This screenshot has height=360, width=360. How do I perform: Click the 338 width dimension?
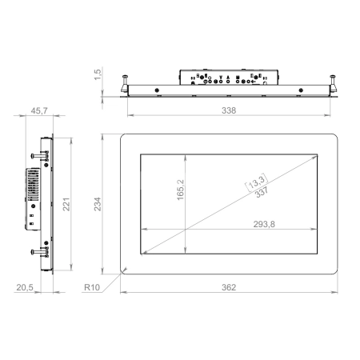[x=229, y=110]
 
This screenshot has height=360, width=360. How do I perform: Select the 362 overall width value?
[x=229, y=287]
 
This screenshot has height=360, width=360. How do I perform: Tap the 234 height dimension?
[x=98, y=204]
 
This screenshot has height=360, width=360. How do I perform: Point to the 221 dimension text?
[x=66, y=204]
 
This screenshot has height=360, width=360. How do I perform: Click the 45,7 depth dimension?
[x=39, y=110]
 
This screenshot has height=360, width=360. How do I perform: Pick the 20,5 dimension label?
[x=25, y=287]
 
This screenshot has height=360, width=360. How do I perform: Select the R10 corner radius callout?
[x=92, y=287]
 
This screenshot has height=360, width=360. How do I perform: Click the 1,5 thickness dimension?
[x=98, y=74]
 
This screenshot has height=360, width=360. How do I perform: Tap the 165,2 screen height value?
[x=181, y=190]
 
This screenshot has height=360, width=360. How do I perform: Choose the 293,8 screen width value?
[x=264, y=224]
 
